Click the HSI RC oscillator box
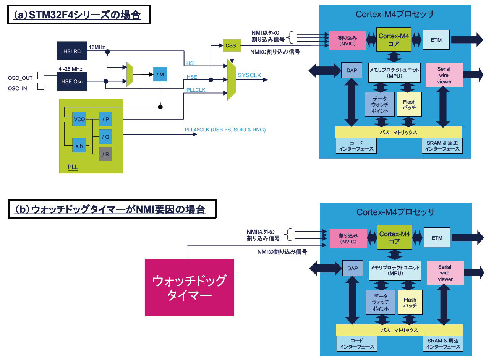(72, 51)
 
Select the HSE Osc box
(72, 81)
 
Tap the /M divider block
(160, 74)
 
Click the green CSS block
(232, 45)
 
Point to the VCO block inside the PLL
(79, 119)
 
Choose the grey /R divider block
(105, 154)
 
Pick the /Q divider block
(105, 136)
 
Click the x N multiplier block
(79, 146)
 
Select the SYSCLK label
(249, 75)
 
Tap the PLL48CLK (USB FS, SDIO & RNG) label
(225, 130)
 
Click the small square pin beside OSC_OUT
(41, 76)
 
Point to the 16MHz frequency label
(97, 47)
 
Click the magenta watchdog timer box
(190, 287)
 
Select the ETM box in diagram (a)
(436, 40)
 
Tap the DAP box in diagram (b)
(352, 268)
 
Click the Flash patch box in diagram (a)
(409, 104)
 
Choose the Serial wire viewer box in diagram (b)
(445, 273)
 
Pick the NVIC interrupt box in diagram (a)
(348, 41)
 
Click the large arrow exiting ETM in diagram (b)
(468, 238)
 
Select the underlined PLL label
(73, 167)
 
